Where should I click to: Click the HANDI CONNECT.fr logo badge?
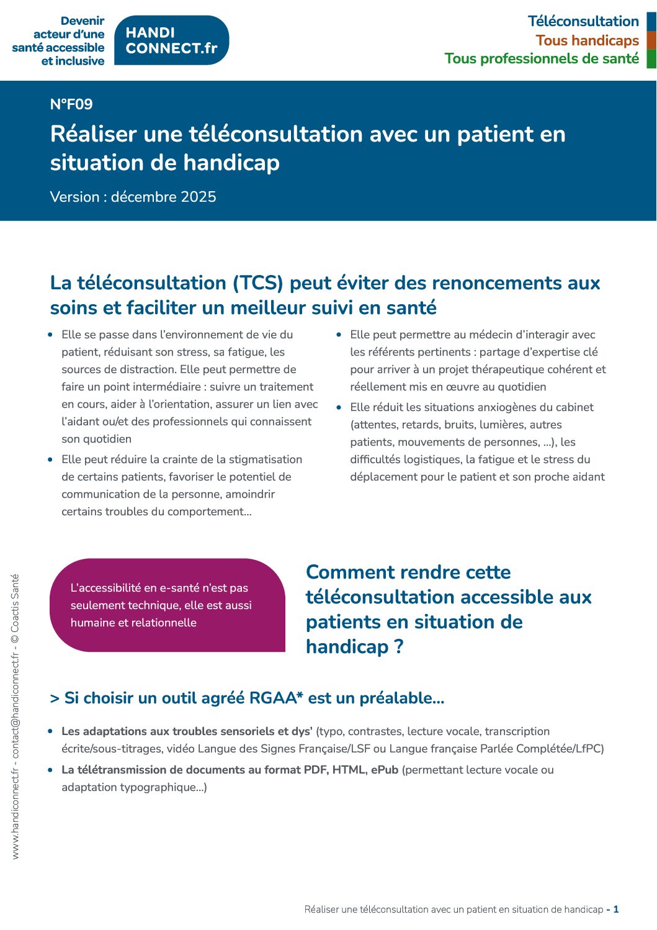tap(172, 40)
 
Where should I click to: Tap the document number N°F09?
tap(71, 104)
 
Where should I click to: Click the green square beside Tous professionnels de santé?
tap(651, 59)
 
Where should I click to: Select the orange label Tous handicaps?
tap(587, 40)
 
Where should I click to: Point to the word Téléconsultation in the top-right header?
tap(583, 21)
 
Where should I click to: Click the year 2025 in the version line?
tap(199, 197)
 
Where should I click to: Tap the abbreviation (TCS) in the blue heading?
tap(258, 283)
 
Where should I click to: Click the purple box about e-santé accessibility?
tap(167, 605)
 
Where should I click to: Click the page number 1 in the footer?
tap(616, 910)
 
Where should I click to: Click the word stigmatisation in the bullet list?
tap(266, 459)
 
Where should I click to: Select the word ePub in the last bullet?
tap(384, 770)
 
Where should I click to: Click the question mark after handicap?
tap(398, 647)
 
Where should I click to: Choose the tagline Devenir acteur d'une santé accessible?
tap(59, 41)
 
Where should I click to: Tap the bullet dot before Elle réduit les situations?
tap(339, 408)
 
